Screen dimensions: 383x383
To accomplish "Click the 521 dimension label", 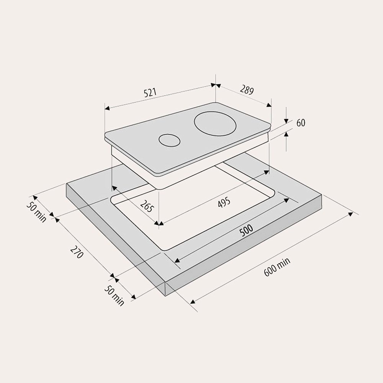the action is [x=150, y=93].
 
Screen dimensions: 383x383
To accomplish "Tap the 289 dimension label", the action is [x=247, y=90].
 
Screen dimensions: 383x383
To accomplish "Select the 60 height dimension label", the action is [x=301, y=123].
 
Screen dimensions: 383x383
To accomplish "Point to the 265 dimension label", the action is [x=147, y=206].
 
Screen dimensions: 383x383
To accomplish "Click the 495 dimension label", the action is [x=224, y=203].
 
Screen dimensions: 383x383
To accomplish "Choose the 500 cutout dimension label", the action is [x=246, y=231].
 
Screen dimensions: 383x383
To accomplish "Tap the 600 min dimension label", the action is [x=277, y=267].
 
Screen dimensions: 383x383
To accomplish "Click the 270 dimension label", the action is [x=77, y=252].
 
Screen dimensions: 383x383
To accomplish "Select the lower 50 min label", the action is [x=114, y=296].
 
